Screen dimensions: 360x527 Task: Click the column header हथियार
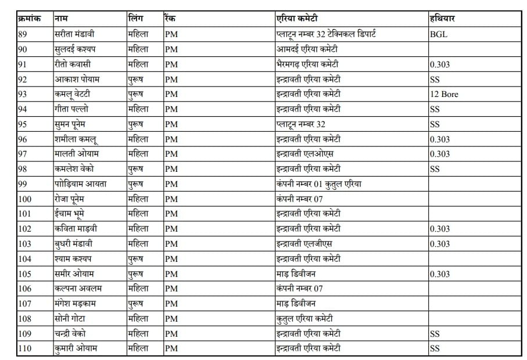click(x=442, y=19)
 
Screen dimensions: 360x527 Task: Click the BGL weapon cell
click(x=439, y=34)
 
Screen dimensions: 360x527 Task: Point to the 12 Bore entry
click(x=444, y=94)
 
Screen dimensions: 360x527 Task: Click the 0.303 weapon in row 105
click(x=440, y=274)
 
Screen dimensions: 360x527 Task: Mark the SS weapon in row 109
click(x=435, y=334)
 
